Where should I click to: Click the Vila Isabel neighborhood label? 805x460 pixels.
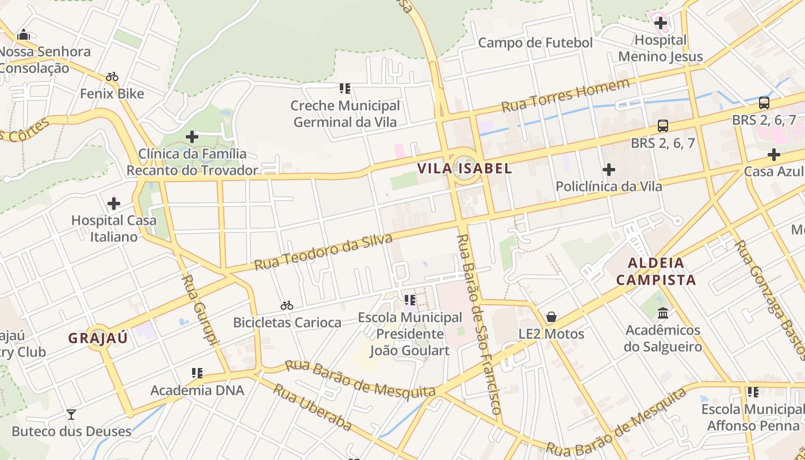click(464, 168)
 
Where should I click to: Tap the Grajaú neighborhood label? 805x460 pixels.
click(98, 338)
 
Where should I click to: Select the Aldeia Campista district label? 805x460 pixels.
click(656, 271)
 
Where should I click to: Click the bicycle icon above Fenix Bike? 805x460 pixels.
click(112, 76)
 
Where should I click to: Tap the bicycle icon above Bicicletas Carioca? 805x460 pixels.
click(287, 305)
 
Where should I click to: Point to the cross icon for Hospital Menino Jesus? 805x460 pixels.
click(660, 24)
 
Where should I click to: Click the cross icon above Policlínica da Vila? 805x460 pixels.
click(608, 170)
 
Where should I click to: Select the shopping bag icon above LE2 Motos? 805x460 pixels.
click(551, 317)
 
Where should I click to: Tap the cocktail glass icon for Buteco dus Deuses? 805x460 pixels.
click(71, 414)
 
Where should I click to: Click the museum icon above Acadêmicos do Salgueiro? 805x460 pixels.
click(663, 313)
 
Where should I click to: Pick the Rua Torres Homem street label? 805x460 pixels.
click(566, 96)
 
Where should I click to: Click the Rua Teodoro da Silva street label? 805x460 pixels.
click(324, 252)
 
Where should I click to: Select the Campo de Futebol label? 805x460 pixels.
click(535, 43)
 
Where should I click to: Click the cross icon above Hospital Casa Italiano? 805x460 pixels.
click(114, 203)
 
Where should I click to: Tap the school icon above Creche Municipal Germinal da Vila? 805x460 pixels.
click(345, 89)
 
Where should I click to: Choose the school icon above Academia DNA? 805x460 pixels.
click(197, 373)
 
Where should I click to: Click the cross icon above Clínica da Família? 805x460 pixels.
click(192, 137)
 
